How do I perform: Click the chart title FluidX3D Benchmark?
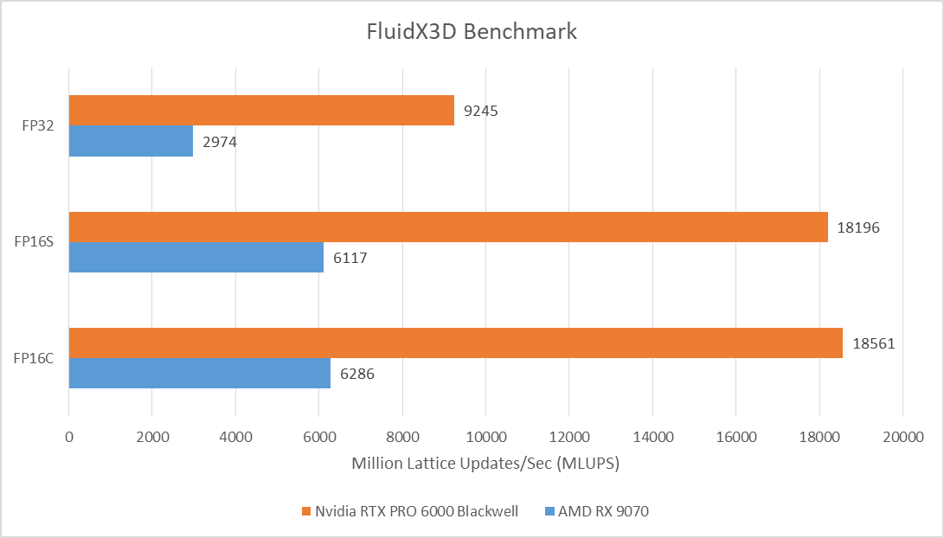coord(471,32)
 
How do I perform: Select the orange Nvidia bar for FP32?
coord(261,110)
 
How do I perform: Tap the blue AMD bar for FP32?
coord(131,141)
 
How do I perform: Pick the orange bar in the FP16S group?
coord(448,227)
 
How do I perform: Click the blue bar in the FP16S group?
coord(196,257)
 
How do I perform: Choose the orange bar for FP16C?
coord(456,343)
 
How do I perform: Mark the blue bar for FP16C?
coord(200,374)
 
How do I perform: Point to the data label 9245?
coord(480,111)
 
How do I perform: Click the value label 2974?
coord(219,142)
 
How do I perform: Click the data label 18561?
coord(873,343)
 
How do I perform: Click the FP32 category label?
coord(38,125)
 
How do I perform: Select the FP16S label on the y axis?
coord(35,242)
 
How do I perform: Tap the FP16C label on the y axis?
coord(35,358)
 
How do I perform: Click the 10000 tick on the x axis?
coord(485,439)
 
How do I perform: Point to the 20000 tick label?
coord(902,439)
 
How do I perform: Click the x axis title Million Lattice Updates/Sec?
coord(485,464)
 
